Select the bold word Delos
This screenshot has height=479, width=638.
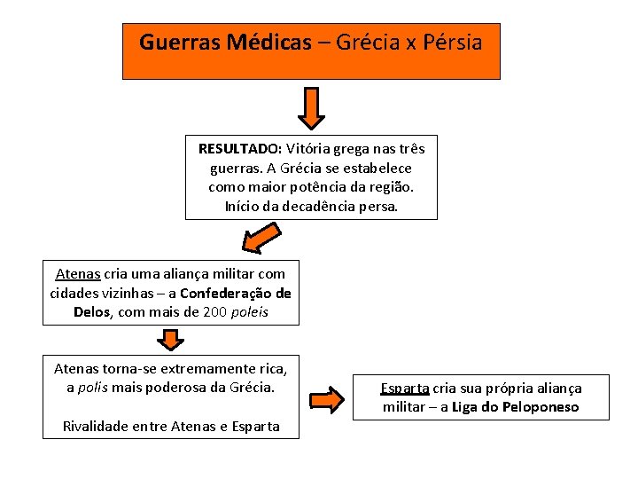click(x=91, y=312)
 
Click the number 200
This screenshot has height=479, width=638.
click(x=215, y=312)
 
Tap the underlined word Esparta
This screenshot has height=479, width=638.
click(x=404, y=389)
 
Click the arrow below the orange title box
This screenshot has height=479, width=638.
click(x=311, y=107)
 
